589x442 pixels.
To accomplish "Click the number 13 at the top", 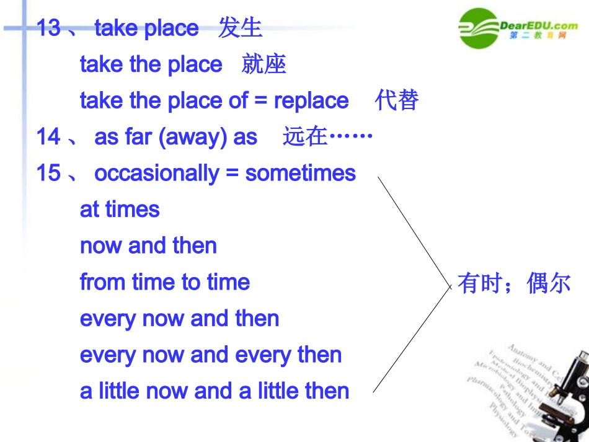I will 48,28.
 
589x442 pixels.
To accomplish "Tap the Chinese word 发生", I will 240,28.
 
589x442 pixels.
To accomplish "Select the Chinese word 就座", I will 263,64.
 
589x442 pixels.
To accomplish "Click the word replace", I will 311,100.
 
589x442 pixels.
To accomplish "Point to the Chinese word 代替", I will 397,100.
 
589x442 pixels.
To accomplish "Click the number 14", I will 48,136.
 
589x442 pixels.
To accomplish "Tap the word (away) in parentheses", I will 193,137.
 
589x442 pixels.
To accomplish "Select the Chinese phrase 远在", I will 304,136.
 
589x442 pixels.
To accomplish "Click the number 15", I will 48,173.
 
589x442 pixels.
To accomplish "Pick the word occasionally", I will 156,174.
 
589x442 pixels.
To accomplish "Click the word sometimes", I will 301,173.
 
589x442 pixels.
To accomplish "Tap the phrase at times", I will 120,210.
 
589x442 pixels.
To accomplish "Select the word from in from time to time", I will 102,282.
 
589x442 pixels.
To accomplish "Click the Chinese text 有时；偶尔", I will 513,283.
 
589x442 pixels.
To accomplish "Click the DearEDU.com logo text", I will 539,25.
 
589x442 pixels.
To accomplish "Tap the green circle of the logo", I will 479,27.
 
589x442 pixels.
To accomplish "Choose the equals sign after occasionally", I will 232,174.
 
